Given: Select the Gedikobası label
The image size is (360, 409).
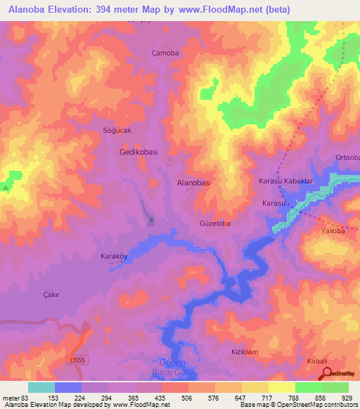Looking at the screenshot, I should click(x=137, y=152).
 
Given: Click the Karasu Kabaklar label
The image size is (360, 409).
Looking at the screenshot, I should click(x=285, y=181).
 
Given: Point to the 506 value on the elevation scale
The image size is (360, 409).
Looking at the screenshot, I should click(x=175, y=398).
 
